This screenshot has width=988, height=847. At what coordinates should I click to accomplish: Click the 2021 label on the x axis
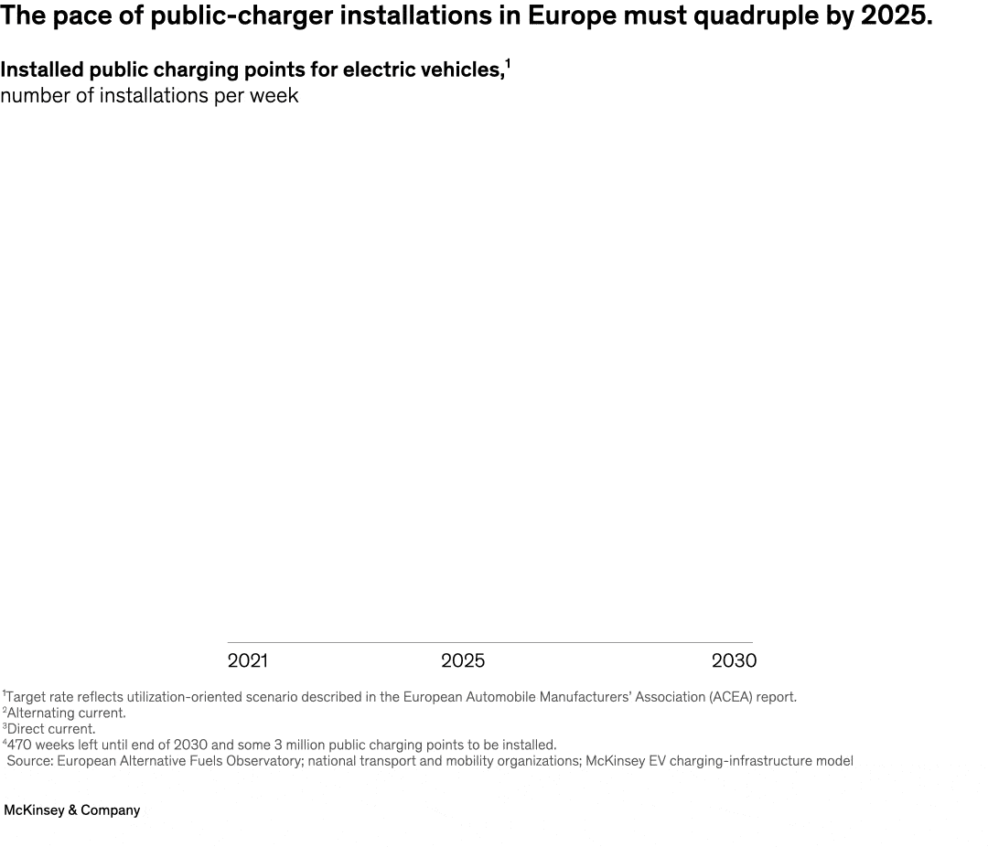pyautogui.click(x=247, y=660)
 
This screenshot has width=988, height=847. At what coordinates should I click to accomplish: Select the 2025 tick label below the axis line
pyautogui.click(x=463, y=660)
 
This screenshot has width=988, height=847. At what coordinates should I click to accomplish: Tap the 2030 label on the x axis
pyautogui.click(x=734, y=660)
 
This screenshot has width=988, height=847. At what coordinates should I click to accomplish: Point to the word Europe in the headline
pyautogui.click(x=572, y=16)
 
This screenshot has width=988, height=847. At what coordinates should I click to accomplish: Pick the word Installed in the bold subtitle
pyautogui.click(x=41, y=70)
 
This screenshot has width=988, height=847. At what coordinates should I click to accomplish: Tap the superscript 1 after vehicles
pyautogui.click(x=508, y=64)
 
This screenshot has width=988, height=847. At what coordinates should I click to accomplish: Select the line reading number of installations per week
pyautogui.click(x=149, y=96)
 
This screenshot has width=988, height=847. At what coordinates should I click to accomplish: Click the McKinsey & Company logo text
pyautogui.click(x=72, y=810)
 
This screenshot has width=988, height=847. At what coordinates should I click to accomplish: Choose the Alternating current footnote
pyautogui.click(x=66, y=713)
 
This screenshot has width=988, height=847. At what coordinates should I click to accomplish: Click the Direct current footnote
pyautogui.click(x=51, y=729)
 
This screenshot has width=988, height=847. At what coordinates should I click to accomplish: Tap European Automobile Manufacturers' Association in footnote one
pyautogui.click(x=542, y=697)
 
